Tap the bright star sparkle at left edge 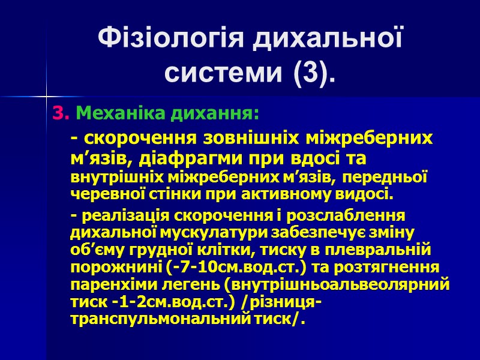click(46, 96)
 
